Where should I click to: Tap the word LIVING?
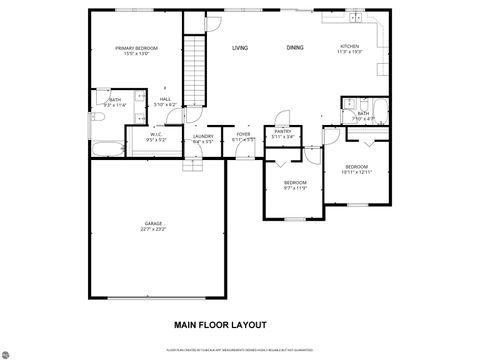pos(240,47)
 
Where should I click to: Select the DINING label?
pos(294,47)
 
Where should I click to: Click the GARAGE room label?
pos(153,223)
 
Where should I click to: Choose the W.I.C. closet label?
pos(156,135)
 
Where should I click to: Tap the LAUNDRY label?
pos(203,136)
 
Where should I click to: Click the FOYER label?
pos(243,135)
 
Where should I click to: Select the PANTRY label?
pos(283,131)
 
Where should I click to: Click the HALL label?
pos(166,99)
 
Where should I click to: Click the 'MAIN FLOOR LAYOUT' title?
pos(220,325)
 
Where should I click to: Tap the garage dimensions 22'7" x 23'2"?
pos(153,230)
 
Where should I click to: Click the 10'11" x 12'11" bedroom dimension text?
pos(356,172)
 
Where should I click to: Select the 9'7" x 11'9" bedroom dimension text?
pos(295,187)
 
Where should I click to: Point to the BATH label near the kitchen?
pos(363,114)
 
